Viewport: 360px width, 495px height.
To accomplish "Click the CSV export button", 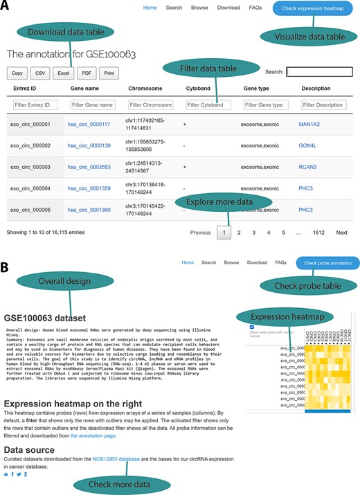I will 41,72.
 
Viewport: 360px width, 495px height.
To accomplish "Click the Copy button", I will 18,72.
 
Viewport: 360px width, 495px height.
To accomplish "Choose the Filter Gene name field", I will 92,105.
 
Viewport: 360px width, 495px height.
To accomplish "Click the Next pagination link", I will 341,233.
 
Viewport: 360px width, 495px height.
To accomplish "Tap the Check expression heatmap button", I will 314,8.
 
